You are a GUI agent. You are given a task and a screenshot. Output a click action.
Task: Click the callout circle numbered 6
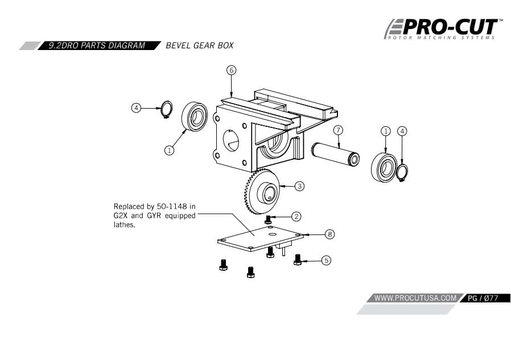tap(231, 70)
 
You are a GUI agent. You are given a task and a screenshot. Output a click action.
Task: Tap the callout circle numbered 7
tap(337, 130)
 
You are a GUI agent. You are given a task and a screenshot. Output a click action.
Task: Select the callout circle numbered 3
tap(299, 185)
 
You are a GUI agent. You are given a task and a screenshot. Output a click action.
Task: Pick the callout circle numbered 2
tap(296, 216)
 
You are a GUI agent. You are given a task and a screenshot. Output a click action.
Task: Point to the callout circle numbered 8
tap(329, 234)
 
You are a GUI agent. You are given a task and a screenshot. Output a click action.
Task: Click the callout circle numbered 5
tap(325, 260)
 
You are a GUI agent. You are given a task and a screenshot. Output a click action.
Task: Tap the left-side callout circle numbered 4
tap(136, 107)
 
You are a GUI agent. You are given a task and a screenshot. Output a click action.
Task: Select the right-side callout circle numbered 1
tap(385, 131)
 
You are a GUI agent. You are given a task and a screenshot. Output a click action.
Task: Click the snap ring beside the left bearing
tap(166, 110)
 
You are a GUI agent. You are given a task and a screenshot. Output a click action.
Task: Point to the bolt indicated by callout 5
tap(296, 259)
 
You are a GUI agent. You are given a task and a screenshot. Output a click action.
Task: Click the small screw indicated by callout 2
tap(269, 218)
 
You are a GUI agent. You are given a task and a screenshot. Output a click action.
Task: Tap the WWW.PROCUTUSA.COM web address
tap(416, 297)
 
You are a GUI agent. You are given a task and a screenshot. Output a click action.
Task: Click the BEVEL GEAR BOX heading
tap(199, 45)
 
